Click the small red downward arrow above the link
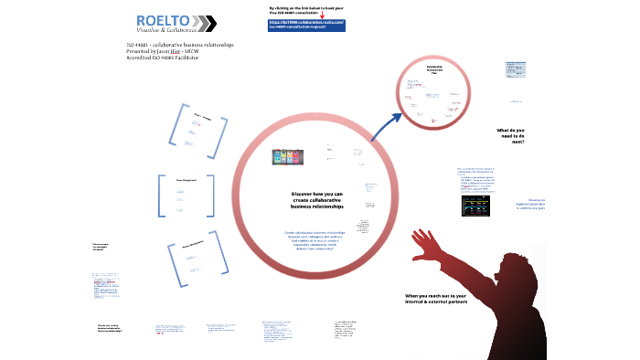(x=322, y=14)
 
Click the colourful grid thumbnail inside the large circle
(x=290, y=158)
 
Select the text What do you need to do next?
(x=512, y=136)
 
